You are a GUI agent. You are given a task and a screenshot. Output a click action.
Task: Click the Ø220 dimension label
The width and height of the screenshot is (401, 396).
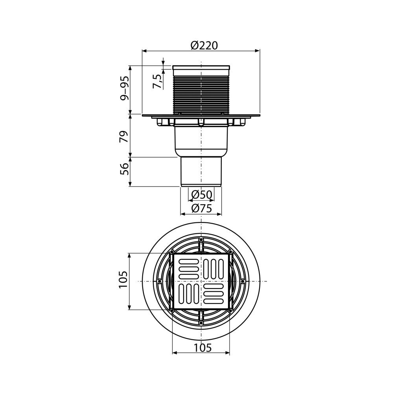coord(204,46)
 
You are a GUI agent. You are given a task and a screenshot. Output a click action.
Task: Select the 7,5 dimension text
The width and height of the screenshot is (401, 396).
coord(158,81)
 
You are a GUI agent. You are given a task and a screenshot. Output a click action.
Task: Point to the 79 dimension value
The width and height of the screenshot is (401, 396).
coord(124,136)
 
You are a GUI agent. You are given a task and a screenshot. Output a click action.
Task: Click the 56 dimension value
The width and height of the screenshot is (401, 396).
coord(124,169)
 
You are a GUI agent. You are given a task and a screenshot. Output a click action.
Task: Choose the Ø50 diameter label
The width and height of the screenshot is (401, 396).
coord(202,195)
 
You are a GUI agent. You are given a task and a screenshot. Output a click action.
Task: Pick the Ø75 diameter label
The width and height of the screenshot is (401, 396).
coord(202,209)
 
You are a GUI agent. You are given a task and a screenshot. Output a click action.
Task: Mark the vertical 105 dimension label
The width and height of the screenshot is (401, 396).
coord(123,279)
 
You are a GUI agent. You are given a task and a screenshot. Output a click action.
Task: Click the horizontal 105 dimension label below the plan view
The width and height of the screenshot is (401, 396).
coord(202,348)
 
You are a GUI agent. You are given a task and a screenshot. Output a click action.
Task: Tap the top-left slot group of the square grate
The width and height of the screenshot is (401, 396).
coord(188,269)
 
